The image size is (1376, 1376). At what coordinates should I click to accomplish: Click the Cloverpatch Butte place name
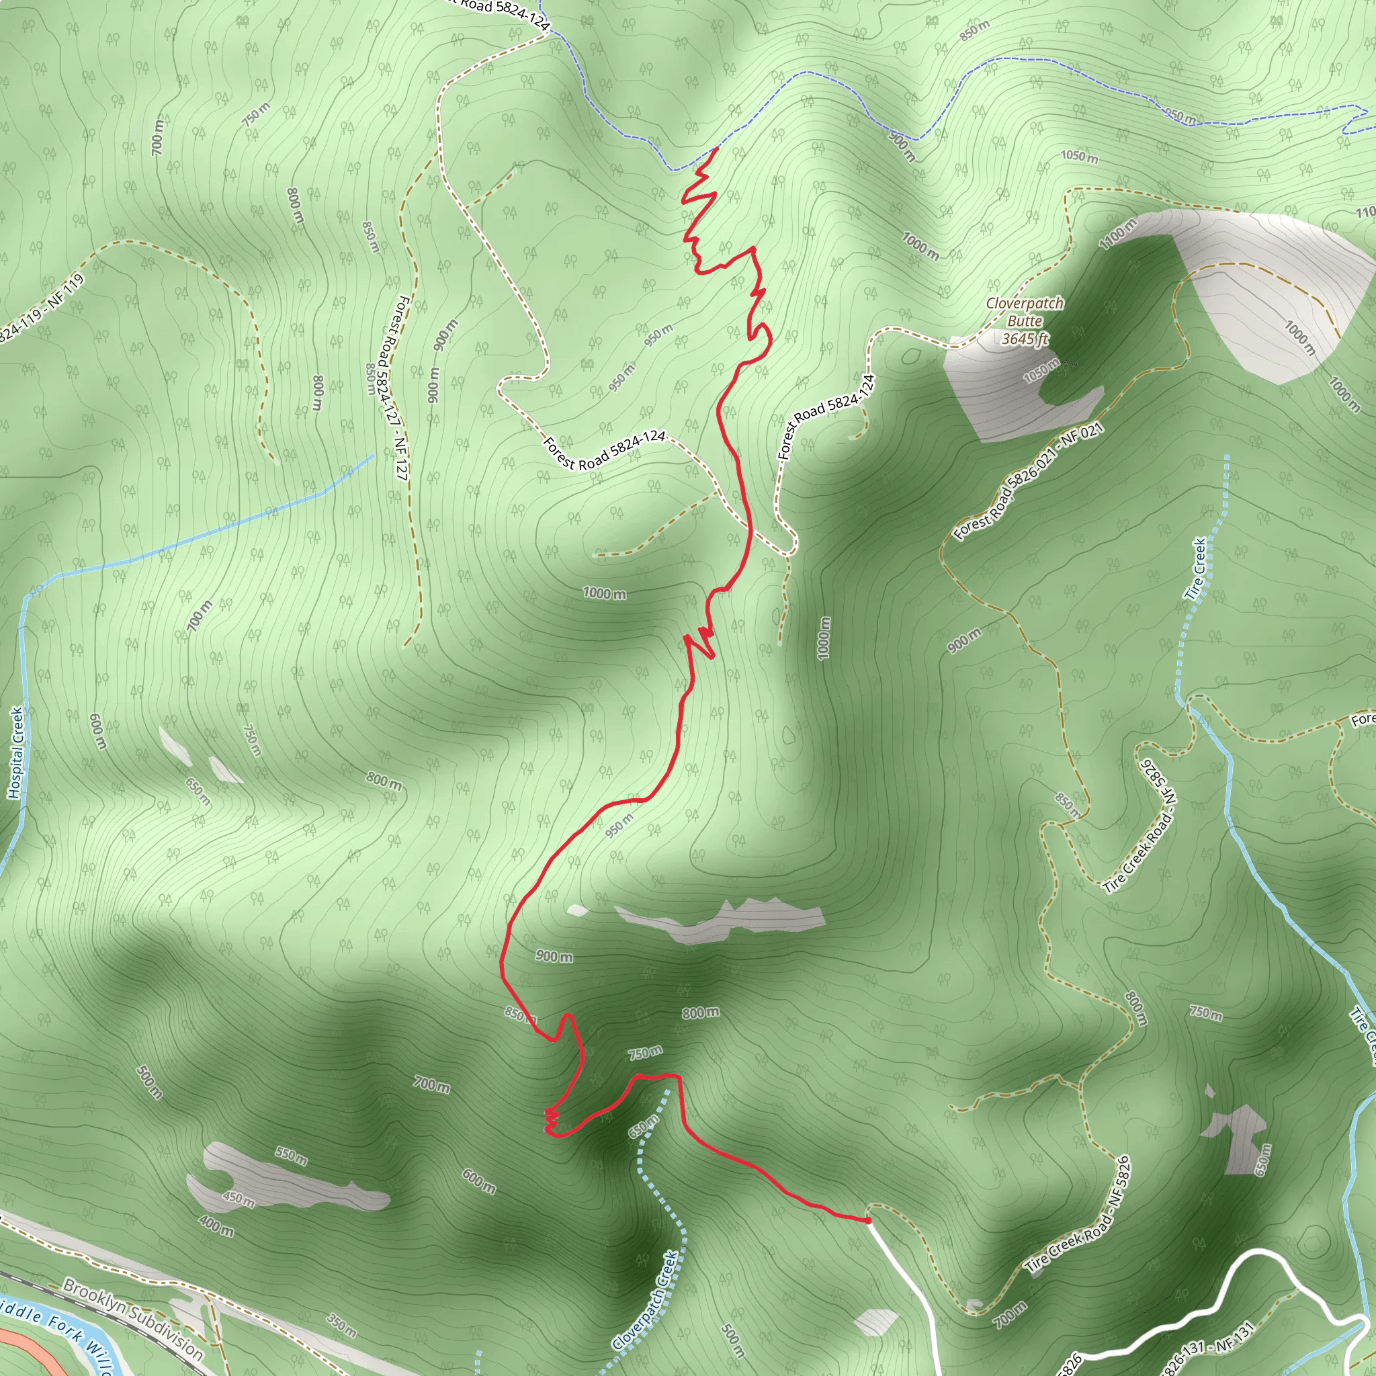tap(1024, 312)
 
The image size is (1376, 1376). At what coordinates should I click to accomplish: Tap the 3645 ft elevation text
tap(1025, 339)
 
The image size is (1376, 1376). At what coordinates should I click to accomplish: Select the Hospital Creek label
tap(15, 752)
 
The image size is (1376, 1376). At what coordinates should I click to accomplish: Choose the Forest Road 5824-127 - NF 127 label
tap(392, 388)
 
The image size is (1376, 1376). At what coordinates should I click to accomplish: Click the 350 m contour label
tap(342, 1326)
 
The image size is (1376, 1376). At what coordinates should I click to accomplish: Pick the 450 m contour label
tap(239, 1199)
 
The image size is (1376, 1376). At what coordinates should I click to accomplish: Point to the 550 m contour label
tap(292, 1155)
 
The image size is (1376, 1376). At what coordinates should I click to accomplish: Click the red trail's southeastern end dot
tap(867, 1221)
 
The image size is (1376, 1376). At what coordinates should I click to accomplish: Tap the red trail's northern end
tap(715, 149)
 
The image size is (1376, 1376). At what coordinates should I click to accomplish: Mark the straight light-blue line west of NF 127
tap(214, 529)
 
